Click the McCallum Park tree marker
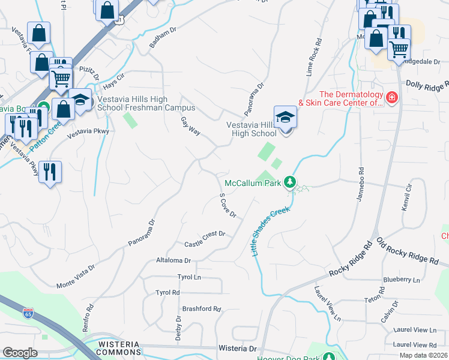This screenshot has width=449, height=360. coord(291,182)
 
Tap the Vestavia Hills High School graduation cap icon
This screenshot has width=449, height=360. coord(285,117)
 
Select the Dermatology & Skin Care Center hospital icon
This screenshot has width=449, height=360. coord(392,97)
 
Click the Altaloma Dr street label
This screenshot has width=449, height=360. coord(173,261)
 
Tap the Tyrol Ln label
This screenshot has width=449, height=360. coord(188,277)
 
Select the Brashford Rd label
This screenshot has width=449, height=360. coord(202,309)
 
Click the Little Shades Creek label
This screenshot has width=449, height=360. coord(271,231)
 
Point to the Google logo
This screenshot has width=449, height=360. coord(20,352)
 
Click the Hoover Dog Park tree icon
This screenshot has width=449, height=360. coord(328,357)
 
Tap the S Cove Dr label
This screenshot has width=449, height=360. coord(228,205)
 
